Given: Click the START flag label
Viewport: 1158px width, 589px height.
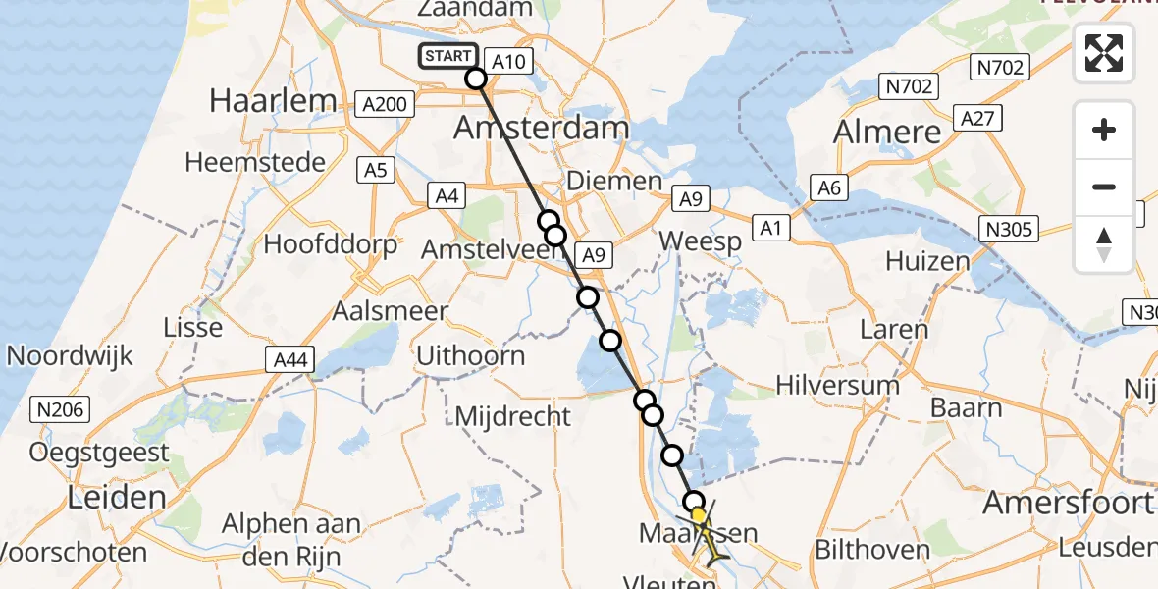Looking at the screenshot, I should [x=448, y=57].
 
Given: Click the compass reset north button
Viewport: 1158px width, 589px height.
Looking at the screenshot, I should [x=1104, y=243].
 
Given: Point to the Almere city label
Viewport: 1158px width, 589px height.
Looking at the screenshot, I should [x=886, y=133].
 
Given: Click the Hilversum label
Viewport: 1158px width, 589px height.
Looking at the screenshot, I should [x=837, y=385].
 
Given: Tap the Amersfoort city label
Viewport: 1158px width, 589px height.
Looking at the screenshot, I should [x=1068, y=504].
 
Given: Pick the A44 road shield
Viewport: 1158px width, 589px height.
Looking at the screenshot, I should [x=290, y=360].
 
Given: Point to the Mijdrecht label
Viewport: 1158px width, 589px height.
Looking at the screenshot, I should [x=512, y=416].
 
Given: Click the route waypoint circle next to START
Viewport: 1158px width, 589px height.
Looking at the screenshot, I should [x=476, y=79].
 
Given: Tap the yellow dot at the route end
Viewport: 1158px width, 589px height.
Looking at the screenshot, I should [x=698, y=514].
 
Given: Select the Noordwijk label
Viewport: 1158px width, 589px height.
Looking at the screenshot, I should [x=70, y=354].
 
